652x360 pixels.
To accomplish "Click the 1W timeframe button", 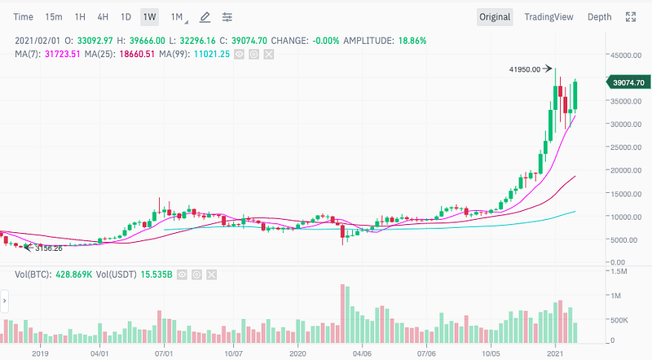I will (x=149, y=17).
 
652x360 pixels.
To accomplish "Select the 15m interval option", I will (x=54, y=17).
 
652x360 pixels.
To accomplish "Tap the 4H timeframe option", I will (x=103, y=17).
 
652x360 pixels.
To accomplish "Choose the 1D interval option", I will (x=126, y=17).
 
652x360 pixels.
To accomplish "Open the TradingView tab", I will (x=548, y=17).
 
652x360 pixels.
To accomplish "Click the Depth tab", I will (x=599, y=17).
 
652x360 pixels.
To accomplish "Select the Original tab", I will (x=495, y=17).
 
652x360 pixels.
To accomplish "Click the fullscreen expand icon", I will (x=630, y=17).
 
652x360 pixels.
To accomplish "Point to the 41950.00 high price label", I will (x=524, y=70).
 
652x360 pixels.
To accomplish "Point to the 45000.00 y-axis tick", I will (x=625, y=55).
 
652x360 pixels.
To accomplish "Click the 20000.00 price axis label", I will (x=625, y=170).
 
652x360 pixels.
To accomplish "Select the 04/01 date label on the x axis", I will (x=100, y=354).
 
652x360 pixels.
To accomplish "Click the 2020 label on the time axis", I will (x=299, y=354).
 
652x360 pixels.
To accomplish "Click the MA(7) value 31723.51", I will (x=59, y=54).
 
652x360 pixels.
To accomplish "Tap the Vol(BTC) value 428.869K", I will (x=73, y=275).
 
